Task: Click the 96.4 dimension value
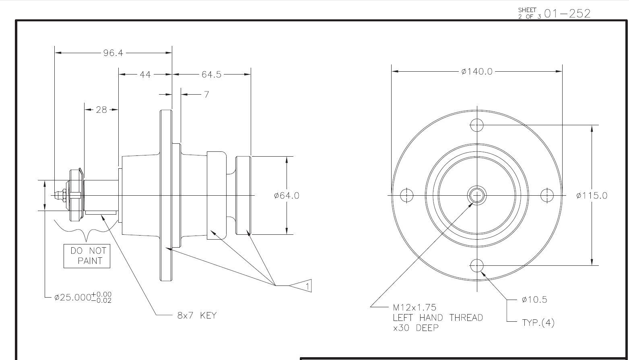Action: [x=113, y=53]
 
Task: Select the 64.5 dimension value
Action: [x=212, y=74]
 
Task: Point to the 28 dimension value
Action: [x=101, y=110]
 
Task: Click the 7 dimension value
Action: [x=206, y=95]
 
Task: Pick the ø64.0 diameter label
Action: [x=287, y=196]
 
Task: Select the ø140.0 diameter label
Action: [x=477, y=72]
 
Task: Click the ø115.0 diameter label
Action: [x=592, y=196]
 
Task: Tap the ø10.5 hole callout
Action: [x=534, y=300]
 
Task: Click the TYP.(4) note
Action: [x=538, y=323]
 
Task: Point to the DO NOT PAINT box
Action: [x=87, y=256]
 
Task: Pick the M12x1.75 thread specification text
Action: [x=415, y=308]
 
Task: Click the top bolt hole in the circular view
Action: [x=477, y=125]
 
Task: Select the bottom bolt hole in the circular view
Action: [x=477, y=266]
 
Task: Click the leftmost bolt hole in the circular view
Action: [x=406, y=196]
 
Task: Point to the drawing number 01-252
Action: [x=567, y=14]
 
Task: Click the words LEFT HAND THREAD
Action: [x=438, y=318]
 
